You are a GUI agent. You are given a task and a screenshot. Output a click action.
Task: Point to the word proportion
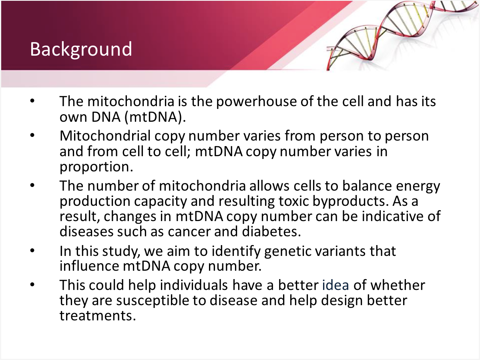(96, 167)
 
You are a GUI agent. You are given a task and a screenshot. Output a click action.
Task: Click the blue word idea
(335, 285)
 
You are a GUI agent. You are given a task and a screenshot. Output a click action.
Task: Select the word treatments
(98, 316)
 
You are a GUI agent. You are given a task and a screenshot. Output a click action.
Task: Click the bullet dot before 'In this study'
(32, 251)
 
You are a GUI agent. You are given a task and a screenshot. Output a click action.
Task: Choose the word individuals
(194, 285)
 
